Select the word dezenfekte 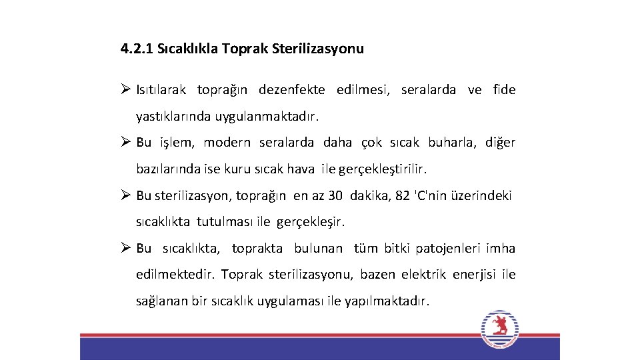tap(292, 90)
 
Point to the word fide tap(504, 90)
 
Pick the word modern tap(227, 143)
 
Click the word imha tap(501, 249)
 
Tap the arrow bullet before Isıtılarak tap(126, 89)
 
